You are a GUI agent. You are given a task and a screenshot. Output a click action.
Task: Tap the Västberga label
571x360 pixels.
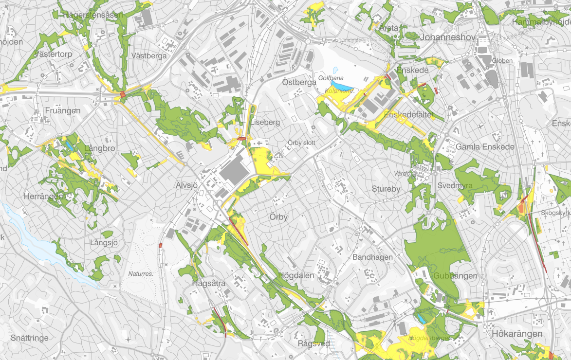coord(149,56)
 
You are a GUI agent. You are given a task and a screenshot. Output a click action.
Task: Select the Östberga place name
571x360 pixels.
coord(299,82)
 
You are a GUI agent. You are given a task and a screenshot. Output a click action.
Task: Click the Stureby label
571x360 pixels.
coord(386,189)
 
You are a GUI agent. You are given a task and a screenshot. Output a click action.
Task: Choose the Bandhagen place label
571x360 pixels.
coord(372,257)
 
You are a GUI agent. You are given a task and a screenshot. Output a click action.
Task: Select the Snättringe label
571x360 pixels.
coord(29,338)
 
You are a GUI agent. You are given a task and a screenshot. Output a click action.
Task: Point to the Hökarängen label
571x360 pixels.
coord(516,334)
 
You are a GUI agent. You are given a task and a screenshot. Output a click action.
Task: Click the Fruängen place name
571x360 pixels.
coord(62,110)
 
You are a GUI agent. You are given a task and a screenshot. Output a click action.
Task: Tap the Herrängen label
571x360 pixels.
coord(43,197)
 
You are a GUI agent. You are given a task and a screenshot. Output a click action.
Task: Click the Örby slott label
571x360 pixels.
coord(301,143)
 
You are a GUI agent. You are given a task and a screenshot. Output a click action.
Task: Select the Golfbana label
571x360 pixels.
coord(331,78)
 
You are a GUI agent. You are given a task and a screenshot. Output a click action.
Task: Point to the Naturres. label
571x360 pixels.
coord(141,274)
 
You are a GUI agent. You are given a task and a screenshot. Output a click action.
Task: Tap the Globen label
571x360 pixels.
coord(502,61)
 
